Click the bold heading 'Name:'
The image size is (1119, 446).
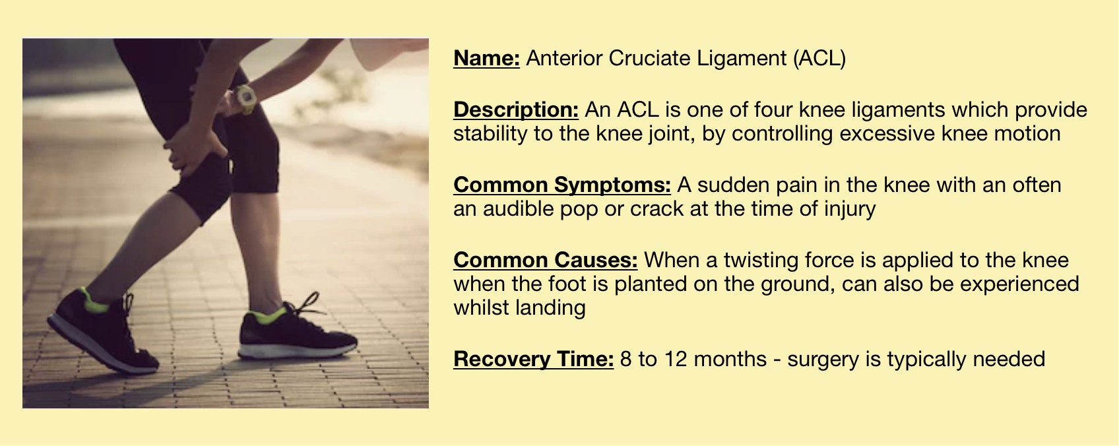click(x=486, y=58)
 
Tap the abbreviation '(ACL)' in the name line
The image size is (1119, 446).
click(x=819, y=59)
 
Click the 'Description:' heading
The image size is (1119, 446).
click(x=515, y=110)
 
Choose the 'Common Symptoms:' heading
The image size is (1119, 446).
click(x=562, y=185)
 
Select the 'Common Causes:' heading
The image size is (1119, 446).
click(x=546, y=260)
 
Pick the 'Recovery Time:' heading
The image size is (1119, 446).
click(x=533, y=360)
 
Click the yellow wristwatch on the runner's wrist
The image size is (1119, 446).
click(x=245, y=98)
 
